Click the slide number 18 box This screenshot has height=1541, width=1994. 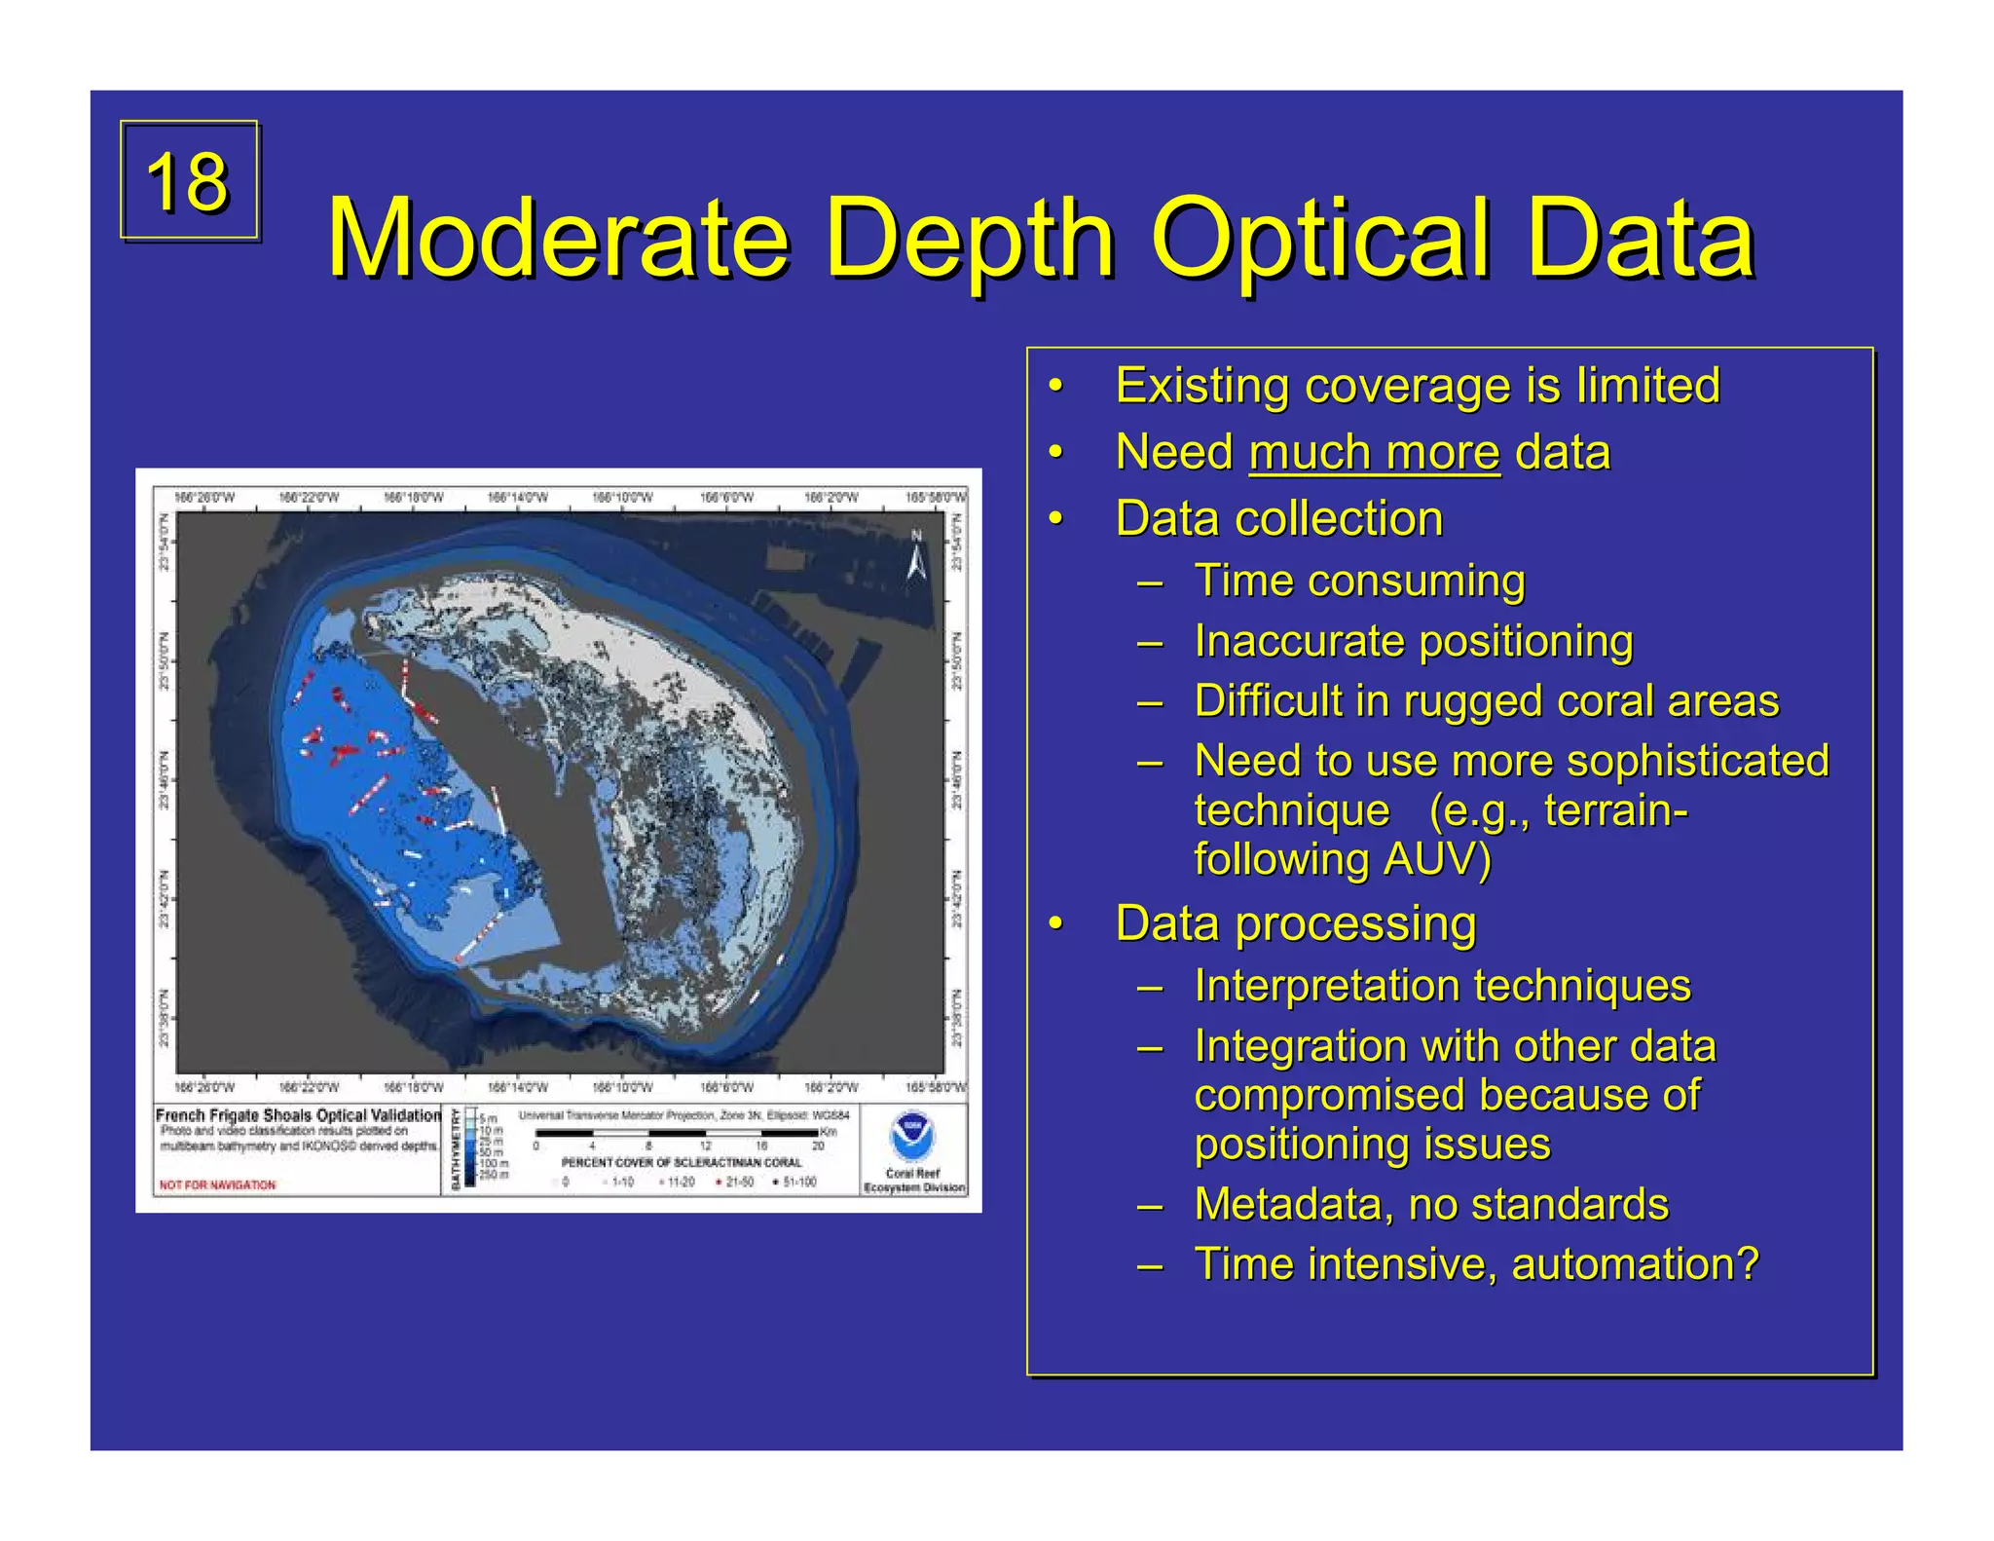tap(189, 180)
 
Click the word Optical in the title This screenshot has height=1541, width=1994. tap(1319, 239)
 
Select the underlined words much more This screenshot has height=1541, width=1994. tap(1374, 453)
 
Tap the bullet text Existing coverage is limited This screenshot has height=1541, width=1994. tap(1417, 386)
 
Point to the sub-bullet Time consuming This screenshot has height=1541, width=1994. tap(1359, 582)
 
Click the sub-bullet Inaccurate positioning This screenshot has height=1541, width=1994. tap(1413, 642)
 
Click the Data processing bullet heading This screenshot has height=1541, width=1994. tap(1295, 924)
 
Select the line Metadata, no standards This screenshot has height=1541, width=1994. tap(1431, 1205)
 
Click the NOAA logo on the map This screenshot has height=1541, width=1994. tap(912, 1135)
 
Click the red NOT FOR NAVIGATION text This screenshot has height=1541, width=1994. tap(217, 1185)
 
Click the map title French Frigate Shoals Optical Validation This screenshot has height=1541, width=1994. tap(298, 1115)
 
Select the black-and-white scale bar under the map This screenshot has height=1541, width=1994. tap(677, 1134)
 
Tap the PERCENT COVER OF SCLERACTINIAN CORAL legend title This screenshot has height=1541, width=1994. tap(682, 1163)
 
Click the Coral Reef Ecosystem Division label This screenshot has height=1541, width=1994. tap(913, 1181)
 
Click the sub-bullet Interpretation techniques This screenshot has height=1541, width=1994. tap(1442, 986)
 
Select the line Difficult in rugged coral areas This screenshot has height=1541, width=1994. tap(1486, 702)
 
